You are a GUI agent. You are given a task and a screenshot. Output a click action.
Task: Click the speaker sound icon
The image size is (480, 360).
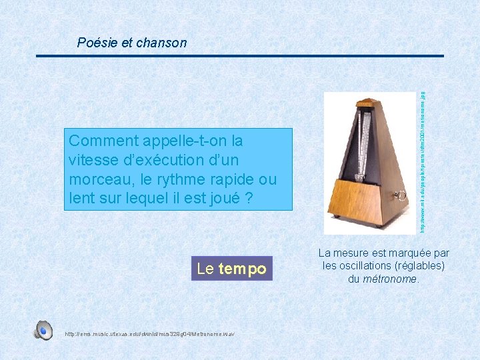point(44,330)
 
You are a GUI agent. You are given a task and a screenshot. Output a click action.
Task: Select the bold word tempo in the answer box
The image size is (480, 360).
point(242,269)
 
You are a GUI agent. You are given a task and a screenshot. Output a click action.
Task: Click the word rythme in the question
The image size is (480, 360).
point(171,179)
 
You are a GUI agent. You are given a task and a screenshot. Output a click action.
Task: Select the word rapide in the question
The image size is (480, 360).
point(231,179)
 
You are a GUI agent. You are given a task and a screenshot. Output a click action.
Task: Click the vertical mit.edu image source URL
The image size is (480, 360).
point(422,160)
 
